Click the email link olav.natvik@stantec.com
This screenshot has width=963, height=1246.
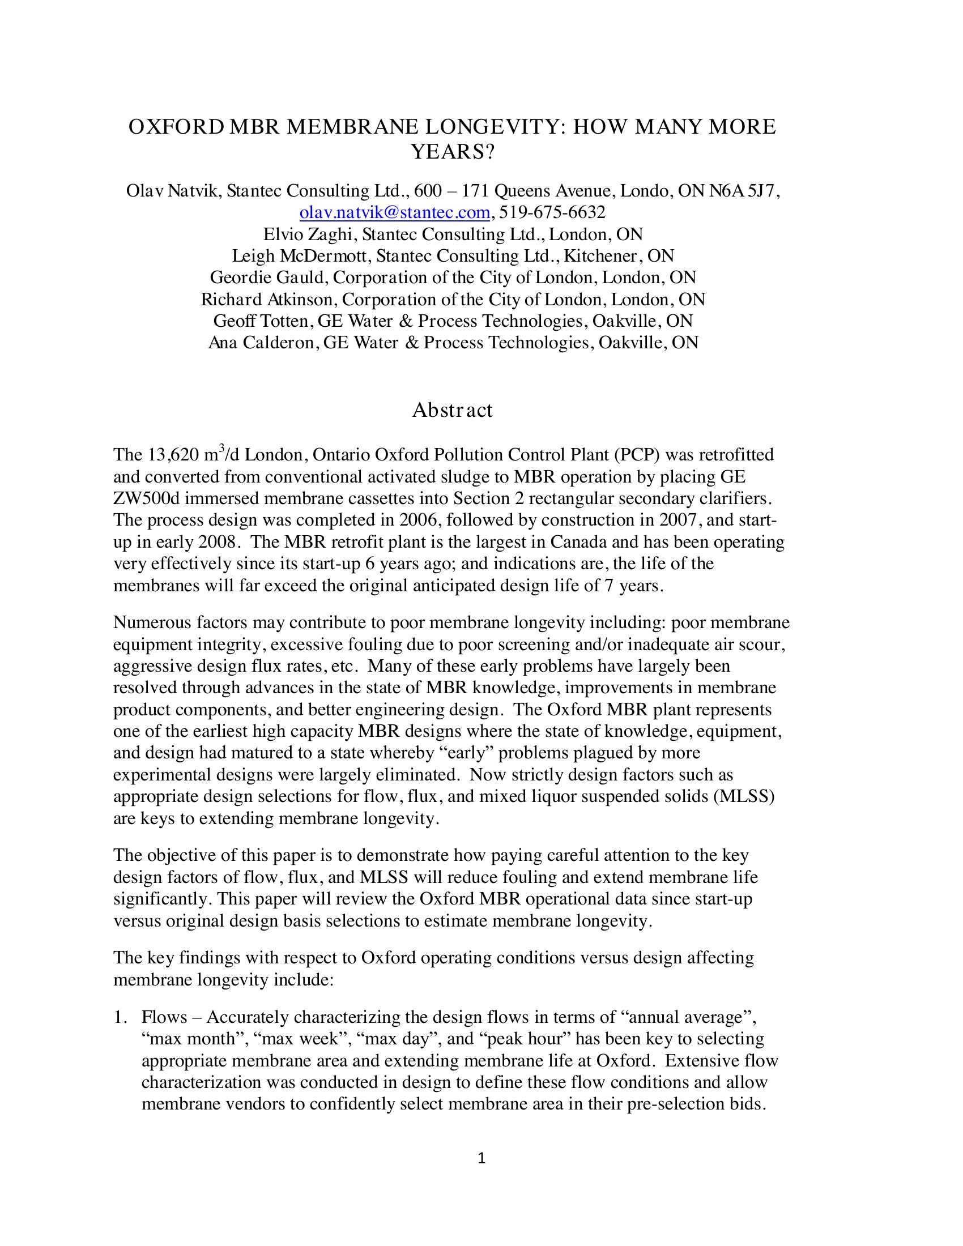(394, 213)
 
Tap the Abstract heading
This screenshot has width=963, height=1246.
(452, 410)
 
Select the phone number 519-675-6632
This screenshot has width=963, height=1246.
(552, 213)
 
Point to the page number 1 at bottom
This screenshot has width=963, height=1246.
(481, 1159)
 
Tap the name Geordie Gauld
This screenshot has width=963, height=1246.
(269, 278)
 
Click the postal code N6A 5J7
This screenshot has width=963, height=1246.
(741, 191)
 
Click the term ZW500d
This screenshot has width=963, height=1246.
(146, 498)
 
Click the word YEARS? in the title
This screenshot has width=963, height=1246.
(453, 152)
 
